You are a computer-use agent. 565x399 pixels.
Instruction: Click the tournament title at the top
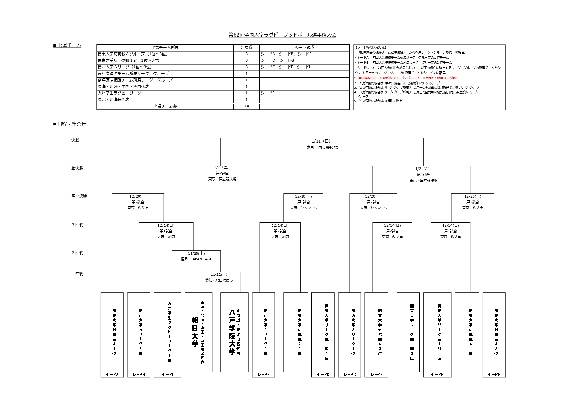point(282,35)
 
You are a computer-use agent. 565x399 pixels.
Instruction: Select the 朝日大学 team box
point(198,332)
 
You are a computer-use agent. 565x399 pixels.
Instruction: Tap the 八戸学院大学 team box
point(234,332)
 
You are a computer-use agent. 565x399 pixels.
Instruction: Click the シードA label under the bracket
point(112,375)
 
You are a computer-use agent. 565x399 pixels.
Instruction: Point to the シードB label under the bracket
point(493,375)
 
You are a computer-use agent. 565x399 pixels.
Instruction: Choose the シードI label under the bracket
point(168,375)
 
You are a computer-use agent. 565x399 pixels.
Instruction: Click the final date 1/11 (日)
point(321,141)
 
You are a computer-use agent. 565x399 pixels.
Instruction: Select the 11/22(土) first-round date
point(219,274)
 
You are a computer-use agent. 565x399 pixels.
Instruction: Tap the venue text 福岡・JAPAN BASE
point(196,259)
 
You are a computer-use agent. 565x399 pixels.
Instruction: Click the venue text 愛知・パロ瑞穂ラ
point(219,280)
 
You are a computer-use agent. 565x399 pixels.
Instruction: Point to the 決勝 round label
point(75,140)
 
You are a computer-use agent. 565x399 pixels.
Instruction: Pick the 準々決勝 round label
point(79,196)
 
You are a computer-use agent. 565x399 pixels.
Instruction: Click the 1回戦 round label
point(77,274)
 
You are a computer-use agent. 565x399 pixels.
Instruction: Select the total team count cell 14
point(246,106)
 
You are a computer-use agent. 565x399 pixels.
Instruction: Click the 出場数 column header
point(246,48)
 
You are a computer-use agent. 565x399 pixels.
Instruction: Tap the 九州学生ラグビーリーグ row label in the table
point(120,93)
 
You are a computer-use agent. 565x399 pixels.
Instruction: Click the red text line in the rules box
point(406,78)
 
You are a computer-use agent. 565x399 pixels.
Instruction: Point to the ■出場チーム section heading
point(67,46)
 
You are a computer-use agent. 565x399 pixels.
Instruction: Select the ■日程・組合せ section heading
point(70,124)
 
